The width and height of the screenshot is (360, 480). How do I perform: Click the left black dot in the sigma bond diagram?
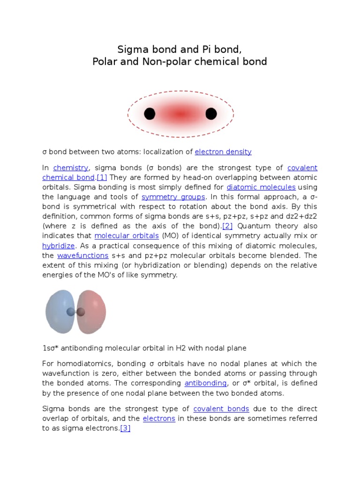tap(150, 114)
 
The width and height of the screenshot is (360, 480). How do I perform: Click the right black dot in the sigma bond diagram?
tap(211, 114)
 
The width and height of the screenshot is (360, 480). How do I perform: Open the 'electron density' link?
tap(223, 152)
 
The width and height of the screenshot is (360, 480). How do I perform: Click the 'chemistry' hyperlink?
tap(71, 168)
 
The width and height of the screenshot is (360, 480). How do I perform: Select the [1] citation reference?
tap(102, 178)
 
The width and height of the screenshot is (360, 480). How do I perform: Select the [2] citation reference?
tap(227, 226)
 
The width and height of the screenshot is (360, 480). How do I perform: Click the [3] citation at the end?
tap(125, 428)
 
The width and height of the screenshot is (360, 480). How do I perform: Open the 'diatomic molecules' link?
tap(261, 187)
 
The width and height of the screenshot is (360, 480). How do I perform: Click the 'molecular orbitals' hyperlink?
tap(127, 236)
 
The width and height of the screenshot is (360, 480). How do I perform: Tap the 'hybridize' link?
tap(59, 246)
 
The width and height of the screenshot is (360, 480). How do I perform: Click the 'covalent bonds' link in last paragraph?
tap(221, 409)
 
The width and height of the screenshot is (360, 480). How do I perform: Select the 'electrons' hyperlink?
tap(159, 419)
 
